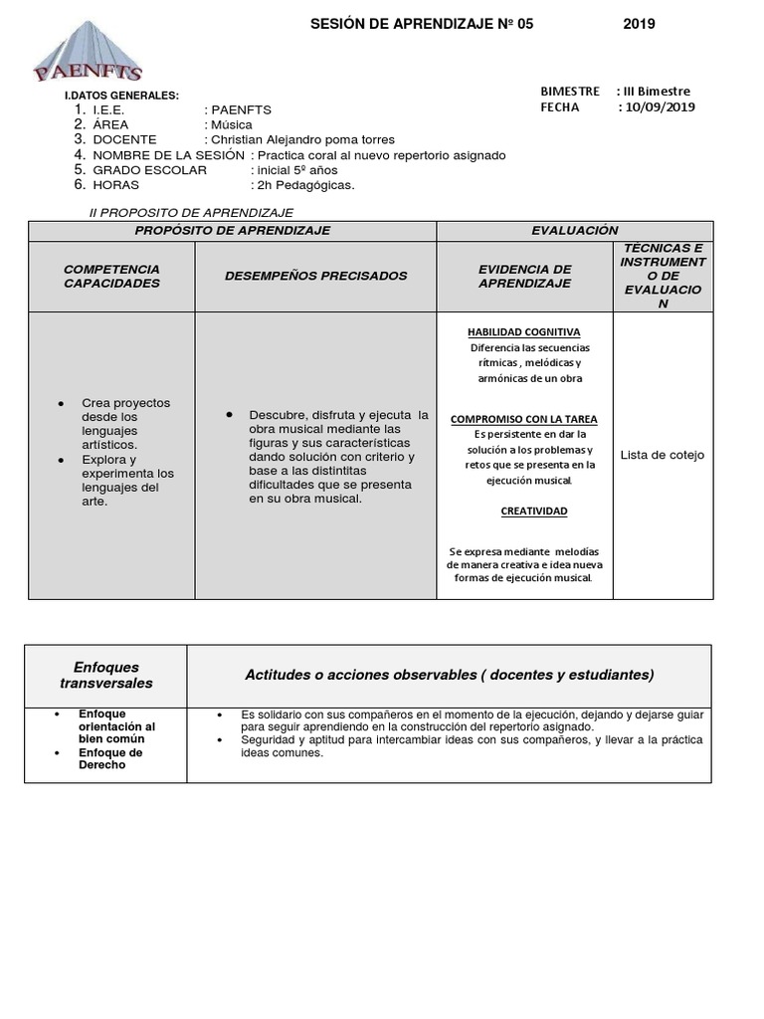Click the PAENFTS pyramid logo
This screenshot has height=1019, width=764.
point(88,55)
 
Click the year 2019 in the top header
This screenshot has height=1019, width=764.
point(639,25)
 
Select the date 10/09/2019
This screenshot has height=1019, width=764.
point(657,107)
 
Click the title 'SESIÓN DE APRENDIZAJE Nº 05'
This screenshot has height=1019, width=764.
point(422,25)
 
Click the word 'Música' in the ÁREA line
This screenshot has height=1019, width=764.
point(230,125)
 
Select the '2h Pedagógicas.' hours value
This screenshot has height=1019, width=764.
point(303,185)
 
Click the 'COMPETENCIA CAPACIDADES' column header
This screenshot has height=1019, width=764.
point(111,277)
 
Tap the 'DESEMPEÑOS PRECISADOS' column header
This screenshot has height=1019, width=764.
point(315,276)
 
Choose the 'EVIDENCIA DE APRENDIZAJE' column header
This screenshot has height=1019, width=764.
point(524,277)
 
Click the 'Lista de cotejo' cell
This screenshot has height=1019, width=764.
point(662,455)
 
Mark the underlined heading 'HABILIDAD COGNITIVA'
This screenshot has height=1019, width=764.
point(524,332)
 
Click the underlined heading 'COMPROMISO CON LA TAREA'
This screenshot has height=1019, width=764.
point(524,420)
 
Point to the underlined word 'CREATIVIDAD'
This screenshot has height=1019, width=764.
point(533,511)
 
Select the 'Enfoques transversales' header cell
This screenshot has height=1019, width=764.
point(106,676)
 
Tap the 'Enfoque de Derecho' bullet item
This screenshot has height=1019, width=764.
point(110,758)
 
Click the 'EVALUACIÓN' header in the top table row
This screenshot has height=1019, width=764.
point(574,231)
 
